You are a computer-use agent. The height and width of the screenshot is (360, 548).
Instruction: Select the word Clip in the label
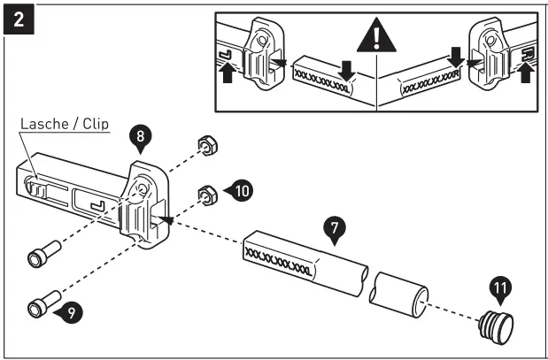pyautogui.click(x=92, y=125)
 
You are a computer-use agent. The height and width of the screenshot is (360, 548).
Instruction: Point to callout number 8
pyautogui.click(x=140, y=137)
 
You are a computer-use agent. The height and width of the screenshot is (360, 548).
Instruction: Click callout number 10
pyautogui.click(x=240, y=188)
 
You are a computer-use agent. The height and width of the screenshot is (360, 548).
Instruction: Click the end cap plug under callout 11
pyautogui.click(x=498, y=324)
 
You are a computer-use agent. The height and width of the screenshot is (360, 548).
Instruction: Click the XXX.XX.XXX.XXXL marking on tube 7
pyautogui.click(x=278, y=265)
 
